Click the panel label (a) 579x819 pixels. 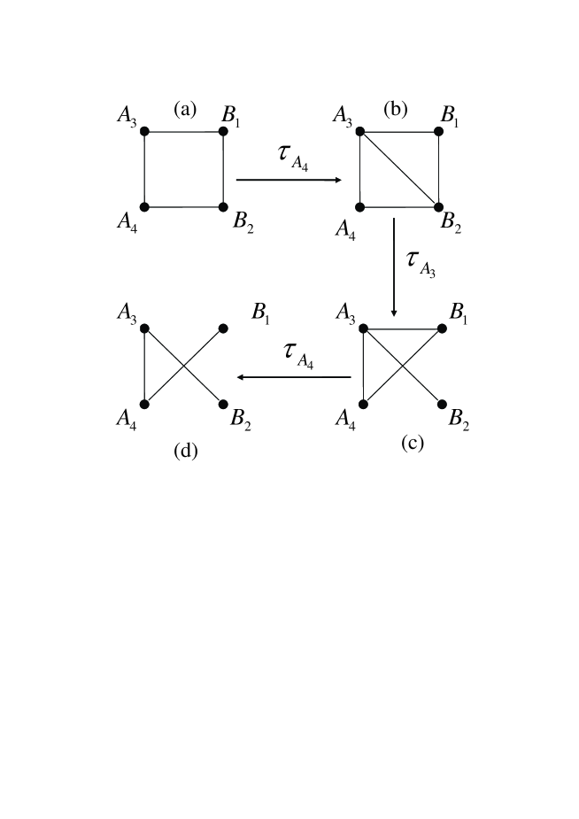pos(184,109)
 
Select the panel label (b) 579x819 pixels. pos(395,109)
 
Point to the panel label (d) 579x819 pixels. pos(185,451)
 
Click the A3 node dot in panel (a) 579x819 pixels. pos(144,132)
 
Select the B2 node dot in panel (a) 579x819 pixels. pos(223,206)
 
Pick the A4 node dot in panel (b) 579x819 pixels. pos(360,207)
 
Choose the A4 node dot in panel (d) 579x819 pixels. pos(144,404)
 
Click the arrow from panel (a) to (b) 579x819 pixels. pos(289,180)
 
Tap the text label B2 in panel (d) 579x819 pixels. pos(240,420)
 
